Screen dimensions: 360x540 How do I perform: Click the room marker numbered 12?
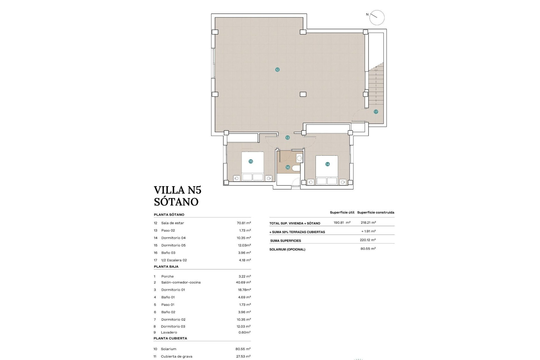(x=277, y=70)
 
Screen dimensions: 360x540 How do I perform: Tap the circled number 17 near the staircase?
(x=376, y=112)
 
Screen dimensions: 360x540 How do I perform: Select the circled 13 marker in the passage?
(x=287, y=138)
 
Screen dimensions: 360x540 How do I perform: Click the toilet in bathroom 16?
(x=296, y=168)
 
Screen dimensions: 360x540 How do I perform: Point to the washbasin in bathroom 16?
(x=300, y=158)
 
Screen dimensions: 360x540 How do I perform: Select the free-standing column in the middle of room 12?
(x=303, y=94)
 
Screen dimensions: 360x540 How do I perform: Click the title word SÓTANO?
(x=176, y=202)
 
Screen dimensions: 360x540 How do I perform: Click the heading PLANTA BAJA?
(x=166, y=266)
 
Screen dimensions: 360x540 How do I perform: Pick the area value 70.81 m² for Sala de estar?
(x=244, y=223)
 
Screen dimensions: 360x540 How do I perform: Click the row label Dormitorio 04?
(x=173, y=238)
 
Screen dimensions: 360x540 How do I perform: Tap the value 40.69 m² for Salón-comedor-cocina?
(x=244, y=282)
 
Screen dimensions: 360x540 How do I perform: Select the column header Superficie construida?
(x=375, y=212)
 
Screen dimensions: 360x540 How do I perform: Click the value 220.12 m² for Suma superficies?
(x=368, y=240)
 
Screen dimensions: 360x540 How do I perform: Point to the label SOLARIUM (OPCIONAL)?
(x=287, y=249)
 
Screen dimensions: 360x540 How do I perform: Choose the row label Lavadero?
(x=169, y=332)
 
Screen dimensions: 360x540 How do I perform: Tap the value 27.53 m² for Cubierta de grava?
(x=243, y=356)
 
